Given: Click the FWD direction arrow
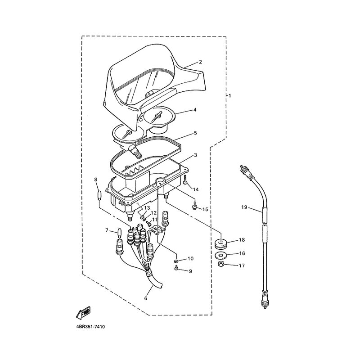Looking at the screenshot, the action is point(83,312).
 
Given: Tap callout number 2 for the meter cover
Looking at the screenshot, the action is point(200,62).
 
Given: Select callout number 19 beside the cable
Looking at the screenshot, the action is point(244,207).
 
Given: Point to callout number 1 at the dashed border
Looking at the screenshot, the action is point(230,95).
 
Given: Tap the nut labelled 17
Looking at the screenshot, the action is point(221,264).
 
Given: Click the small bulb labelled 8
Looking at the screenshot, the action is point(99,195).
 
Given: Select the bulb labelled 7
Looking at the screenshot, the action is point(119,233).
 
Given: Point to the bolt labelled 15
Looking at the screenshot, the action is point(194,206).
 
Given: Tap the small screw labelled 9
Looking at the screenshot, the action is point(176,268).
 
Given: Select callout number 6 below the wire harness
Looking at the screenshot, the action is point(145,298).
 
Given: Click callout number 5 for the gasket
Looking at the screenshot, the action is point(195,133).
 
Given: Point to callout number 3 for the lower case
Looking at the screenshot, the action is point(195,155).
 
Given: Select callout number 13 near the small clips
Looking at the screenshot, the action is point(147,208).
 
